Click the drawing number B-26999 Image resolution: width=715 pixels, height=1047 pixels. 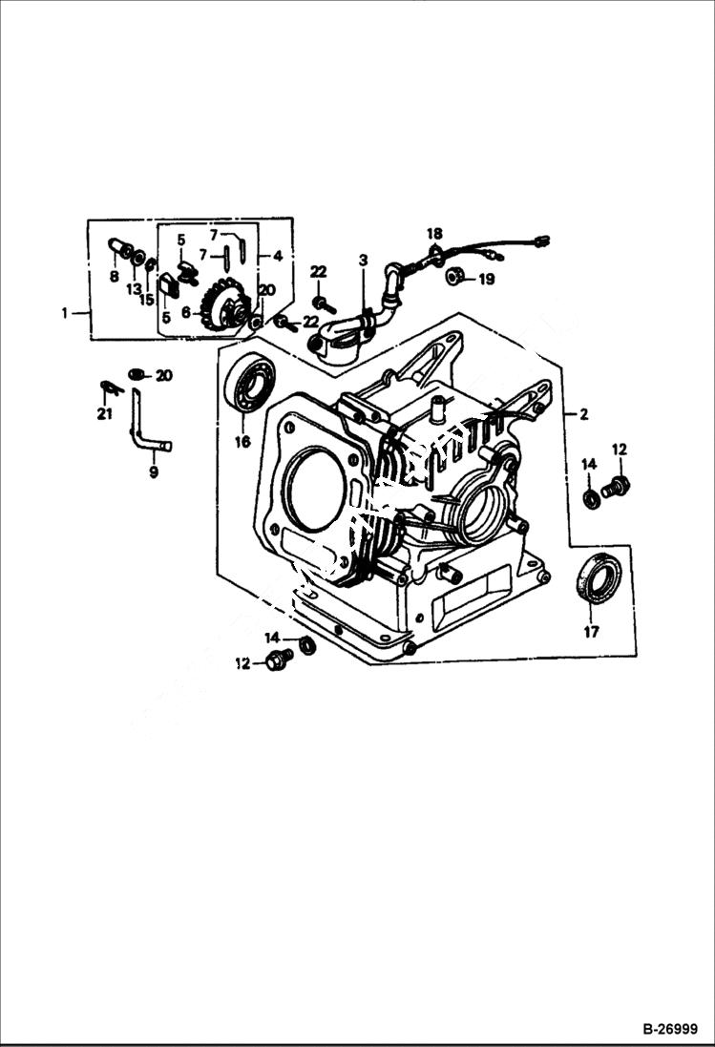[x=671, y=1030]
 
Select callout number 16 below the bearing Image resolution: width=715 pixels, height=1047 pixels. [x=242, y=441]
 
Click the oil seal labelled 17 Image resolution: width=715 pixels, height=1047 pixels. [x=599, y=578]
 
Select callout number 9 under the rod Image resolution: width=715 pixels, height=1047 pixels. [x=154, y=471]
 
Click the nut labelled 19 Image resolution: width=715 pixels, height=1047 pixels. [x=456, y=278]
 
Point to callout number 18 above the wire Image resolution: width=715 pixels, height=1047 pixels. [x=434, y=234]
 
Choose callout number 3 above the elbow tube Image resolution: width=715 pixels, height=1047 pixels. [x=363, y=261]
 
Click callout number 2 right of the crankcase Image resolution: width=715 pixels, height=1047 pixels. [x=582, y=414]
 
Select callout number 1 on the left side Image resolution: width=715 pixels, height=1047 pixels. [x=65, y=313]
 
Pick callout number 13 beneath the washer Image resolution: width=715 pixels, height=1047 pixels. [x=134, y=289]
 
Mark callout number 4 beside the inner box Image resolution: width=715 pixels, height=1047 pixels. [x=277, y=256]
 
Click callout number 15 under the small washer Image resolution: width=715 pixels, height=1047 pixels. [x=147, y=299]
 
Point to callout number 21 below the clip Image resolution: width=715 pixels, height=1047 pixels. [x=104, y=413]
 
